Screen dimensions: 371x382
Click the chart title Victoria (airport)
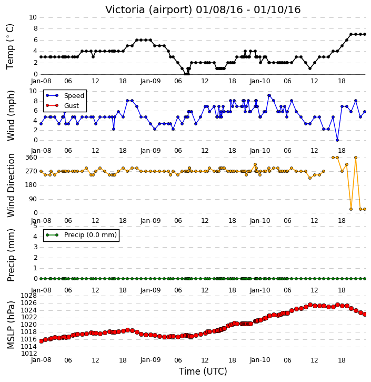(x=149, y=10)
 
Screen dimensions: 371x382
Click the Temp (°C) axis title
(x=10, y=46)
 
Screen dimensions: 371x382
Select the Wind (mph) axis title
(x=11, y=115)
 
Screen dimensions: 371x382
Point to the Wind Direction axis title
(x=11, y=185)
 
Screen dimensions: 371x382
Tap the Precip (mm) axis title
(x=11, y=255)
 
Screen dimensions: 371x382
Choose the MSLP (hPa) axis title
(x=11, y=325)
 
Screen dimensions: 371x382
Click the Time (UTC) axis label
(x=203, y=371)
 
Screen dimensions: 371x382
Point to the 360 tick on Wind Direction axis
(x=32, y=158)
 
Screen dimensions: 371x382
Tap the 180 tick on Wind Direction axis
(x=32, y=185)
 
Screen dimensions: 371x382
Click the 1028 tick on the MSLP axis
(x=29, y=296)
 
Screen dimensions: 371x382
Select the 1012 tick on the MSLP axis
(x=29, y=354)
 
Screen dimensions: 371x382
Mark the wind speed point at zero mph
(x=337, y=140)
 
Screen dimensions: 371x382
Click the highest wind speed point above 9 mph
(x=269, y=95)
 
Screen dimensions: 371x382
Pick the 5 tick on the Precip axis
(x=35, y=226)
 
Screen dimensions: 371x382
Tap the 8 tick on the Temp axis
(x=35, y=29)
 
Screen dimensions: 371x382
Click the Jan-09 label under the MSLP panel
(x=151, y=360)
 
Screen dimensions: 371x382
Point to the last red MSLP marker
(x=365, y=314)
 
